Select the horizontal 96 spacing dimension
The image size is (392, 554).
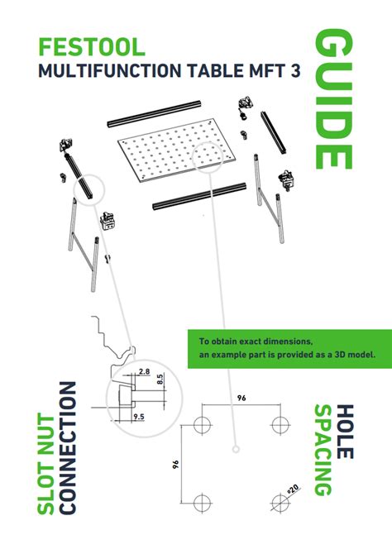coord(241,399)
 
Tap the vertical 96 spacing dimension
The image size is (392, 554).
coord(176,465)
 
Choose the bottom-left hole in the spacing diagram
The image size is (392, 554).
coord(201,503)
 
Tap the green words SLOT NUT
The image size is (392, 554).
coord(48,472)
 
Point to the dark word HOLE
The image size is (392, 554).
coord(344,429)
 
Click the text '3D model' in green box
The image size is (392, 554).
coord(347,354)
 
